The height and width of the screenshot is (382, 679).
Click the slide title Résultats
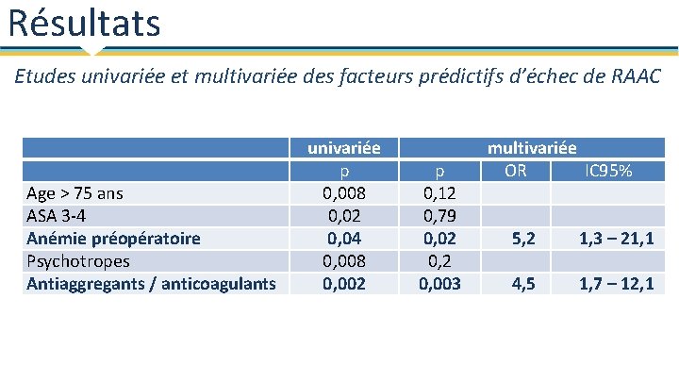(x=84, y=23)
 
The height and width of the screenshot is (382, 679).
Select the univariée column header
(x=343, y=148)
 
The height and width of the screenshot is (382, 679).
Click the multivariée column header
(x=532, y=148)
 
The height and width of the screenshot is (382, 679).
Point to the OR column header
(x=515, y=171)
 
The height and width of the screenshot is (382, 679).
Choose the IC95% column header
(x=608, y=171)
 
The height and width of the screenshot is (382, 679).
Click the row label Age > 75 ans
(x=75, y=193)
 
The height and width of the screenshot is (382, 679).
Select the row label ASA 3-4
(x=54, y=216)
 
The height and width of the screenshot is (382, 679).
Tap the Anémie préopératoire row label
(x=113, y=239)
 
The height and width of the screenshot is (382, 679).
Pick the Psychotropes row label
(x=78, y=261)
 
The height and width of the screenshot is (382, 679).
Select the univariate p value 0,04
(x=343, y=239)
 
